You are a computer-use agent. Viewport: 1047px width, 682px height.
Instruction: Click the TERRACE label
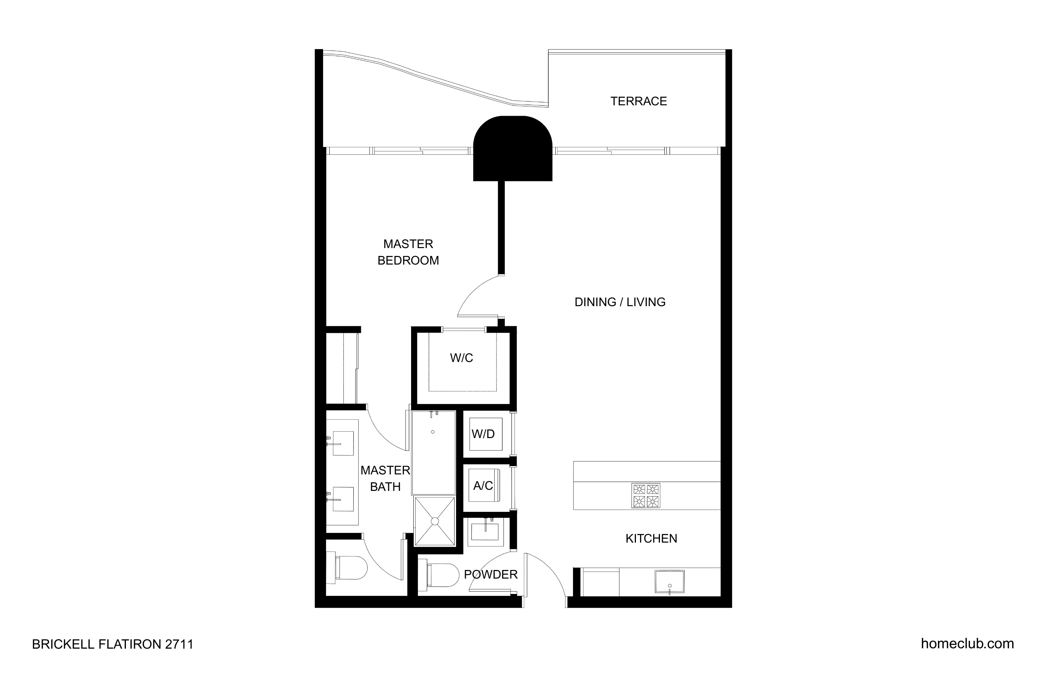click(638, 101)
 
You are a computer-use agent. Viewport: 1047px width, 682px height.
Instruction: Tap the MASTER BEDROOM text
click(408, 252)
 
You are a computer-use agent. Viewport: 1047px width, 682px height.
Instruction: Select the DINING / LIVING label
click(620, 302)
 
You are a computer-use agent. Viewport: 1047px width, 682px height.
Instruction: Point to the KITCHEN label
click(651, 538)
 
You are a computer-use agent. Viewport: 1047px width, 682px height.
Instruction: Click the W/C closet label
click(461, 358)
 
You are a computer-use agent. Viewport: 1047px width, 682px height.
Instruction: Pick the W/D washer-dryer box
click(485, 434)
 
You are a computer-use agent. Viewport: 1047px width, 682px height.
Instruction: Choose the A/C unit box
click(484, 486)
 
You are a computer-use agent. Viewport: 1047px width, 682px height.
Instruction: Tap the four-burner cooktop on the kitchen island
click(645, 495)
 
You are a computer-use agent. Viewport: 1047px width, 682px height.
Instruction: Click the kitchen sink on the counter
click(669, 581)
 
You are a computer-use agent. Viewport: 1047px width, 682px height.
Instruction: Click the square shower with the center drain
click(435, 521)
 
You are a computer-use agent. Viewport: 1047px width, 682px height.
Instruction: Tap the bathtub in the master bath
click(433, 452)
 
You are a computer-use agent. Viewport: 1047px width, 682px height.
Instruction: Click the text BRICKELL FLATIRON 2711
click(113, 644)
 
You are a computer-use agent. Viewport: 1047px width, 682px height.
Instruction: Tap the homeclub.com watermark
click(967, 643)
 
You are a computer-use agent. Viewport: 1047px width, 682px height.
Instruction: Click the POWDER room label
click(491, 574)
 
